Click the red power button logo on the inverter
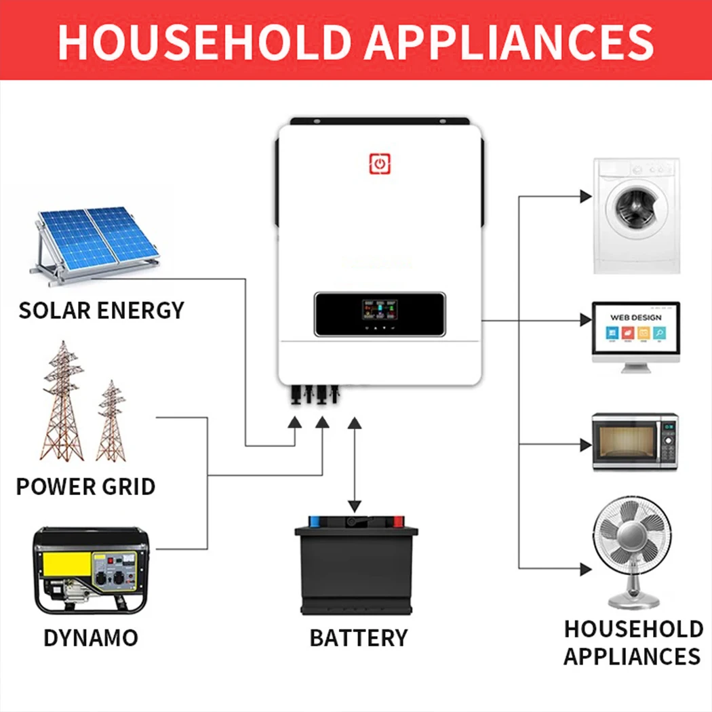pos(380,163)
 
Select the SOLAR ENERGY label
pos(101,311)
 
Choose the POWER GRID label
pos(85,486)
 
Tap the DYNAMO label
pos(90,637)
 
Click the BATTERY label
pos(358,637)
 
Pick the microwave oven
pos(635,441)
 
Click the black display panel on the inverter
pos(380,314)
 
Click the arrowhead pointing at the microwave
pos(585,445)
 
